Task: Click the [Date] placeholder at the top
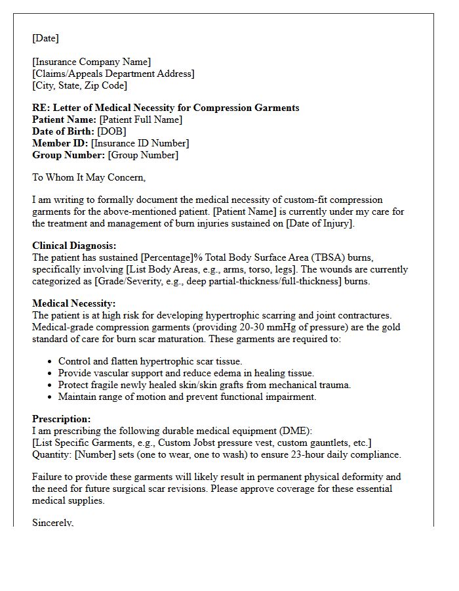[45, 38]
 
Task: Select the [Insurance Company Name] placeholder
[92, 62]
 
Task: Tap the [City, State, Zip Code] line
[79, 85]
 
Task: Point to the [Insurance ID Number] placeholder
[140, 143]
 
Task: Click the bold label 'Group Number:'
[69, 155]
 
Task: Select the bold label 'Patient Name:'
[64, 120]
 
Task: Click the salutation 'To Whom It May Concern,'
[89, 177]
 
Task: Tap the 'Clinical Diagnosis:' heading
[74, 246]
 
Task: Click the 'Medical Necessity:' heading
[73, 303]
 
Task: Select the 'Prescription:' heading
[62, 419]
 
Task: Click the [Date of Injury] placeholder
[315, 223]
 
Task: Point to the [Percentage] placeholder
[167, 257]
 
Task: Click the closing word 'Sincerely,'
[53, 523]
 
